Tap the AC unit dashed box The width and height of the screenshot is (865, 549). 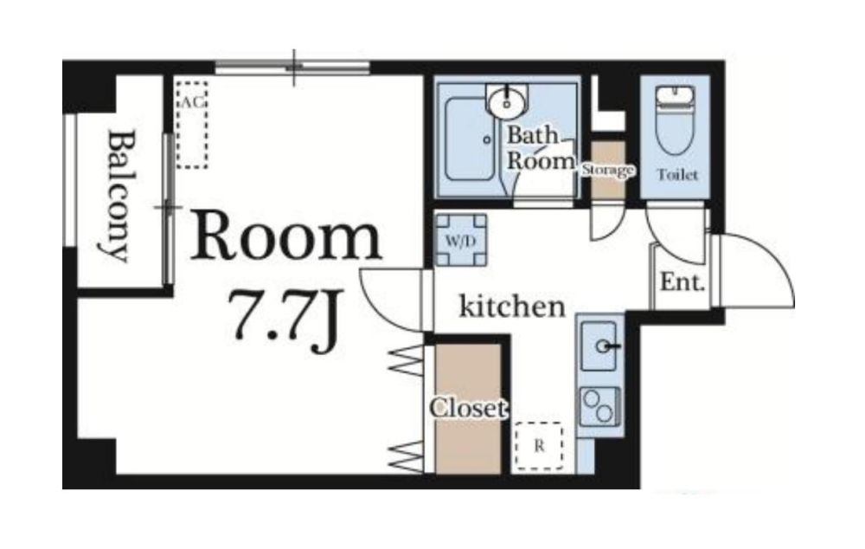[192, 124]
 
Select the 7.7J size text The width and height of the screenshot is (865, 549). [285, 321]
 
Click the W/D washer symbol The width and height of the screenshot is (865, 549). [461, 241]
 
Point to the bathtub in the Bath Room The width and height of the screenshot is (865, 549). [470, 139]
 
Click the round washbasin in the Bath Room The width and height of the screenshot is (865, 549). [506, 101]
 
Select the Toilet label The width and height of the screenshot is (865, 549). [677, 175]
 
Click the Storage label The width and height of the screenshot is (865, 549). [608, 170]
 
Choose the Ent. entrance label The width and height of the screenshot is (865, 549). [682, 282]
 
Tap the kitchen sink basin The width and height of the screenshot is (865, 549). [599, 346]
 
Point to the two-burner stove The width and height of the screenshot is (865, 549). [599, 407]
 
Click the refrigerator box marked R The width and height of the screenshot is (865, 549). [539, 446]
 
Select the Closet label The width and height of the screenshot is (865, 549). [468, 409]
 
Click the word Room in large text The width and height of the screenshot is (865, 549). [286, 239]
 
